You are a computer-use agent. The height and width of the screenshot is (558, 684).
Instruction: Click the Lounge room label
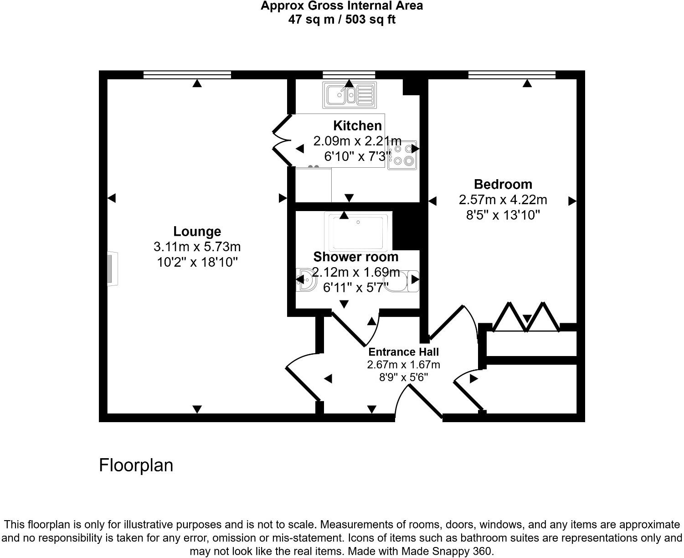click(197, 232)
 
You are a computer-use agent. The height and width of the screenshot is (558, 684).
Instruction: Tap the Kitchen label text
click(357, 125)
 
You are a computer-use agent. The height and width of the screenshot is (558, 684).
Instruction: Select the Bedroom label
click(503, 184)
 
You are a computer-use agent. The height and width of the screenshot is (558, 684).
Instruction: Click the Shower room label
click(355, 257)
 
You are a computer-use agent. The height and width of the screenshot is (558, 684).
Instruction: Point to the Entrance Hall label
click(403, 352)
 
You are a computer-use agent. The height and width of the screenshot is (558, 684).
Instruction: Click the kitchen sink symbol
click(349, 95)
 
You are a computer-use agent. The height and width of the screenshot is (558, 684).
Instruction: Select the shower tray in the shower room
click(358, 232)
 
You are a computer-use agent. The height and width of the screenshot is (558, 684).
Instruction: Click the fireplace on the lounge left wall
click(112, 269)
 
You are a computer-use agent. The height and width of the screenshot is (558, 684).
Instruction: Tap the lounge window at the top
click(187, 75)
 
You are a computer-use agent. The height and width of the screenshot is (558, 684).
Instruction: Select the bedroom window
click(512, 75)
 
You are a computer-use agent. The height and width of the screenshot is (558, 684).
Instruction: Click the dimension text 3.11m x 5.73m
click(197, 247)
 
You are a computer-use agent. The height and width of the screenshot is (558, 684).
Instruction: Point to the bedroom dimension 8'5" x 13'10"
click(503, 215)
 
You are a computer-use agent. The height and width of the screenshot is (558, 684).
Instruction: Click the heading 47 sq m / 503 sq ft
click(341, 20)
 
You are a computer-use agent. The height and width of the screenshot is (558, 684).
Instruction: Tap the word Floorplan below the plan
click(136, 465)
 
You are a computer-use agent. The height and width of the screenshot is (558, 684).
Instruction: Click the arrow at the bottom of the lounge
click(196, 409)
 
